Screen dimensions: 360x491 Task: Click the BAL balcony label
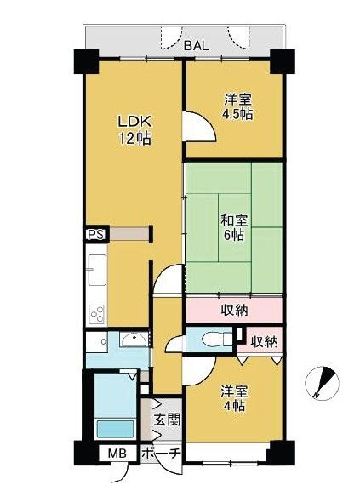pyautogui.click(x=196, y=46)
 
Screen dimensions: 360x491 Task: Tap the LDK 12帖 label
pyautogui.click(x=134, y=130)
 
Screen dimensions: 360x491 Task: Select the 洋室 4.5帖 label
pyautogui.click(x=237, y=107)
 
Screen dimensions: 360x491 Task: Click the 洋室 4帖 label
pyautogui.click(x=234, y=398)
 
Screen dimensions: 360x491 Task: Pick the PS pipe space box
pyautogui.click(x=96, y=234)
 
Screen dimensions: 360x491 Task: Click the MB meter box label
pyautogui.click(x=117, y=453)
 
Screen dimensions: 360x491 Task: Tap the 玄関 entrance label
pyautogui.click(x=168, y=420)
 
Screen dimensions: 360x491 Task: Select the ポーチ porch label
pyautogui.click(x=161, y=453)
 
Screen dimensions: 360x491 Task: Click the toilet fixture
pyautogui.click(x=217, y=340)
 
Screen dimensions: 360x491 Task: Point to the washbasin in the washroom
pyautogui.click(x=134, y=340)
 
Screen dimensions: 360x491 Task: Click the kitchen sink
pyautogui.click(x=97, y=270)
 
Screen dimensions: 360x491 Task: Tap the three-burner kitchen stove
pyautogui.click(x=97, y=314)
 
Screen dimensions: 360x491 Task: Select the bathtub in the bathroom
pyautogui.click(x=116, y=429)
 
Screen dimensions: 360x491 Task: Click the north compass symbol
pyautogui.click(x=322, y=382)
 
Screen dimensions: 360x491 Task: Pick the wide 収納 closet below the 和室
pyautogui.click(x=234, y=310)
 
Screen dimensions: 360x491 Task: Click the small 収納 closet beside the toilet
pyautogui.click(x=262, y=341)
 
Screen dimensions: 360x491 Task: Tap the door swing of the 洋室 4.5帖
pyautogui.click(x=200, y=127)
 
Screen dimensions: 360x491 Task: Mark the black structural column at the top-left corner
pyautogui.click(x=87, y=61)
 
